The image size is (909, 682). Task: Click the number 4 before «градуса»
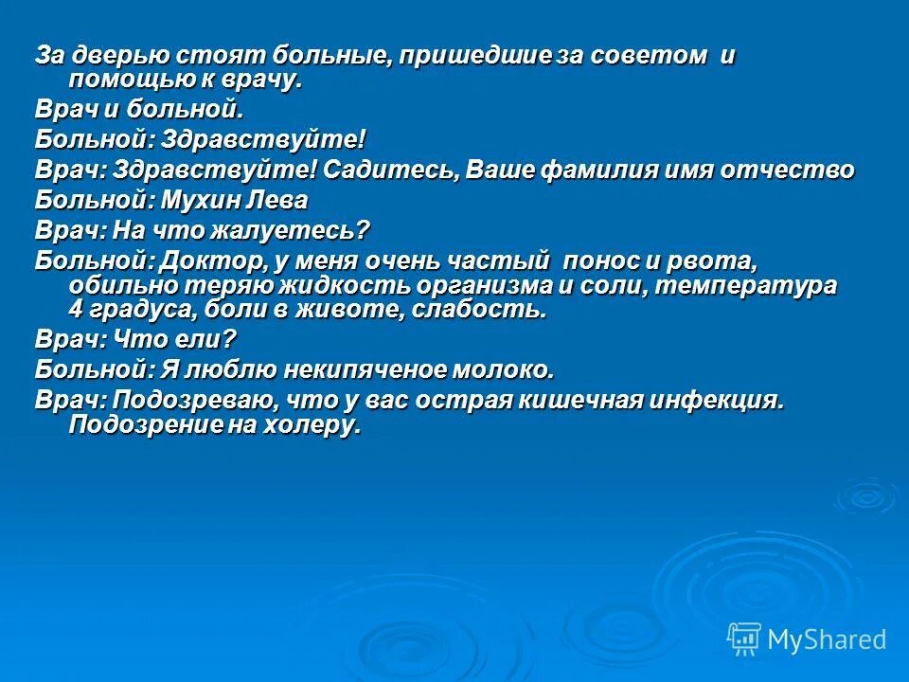76,310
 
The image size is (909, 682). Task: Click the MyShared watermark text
827,639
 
